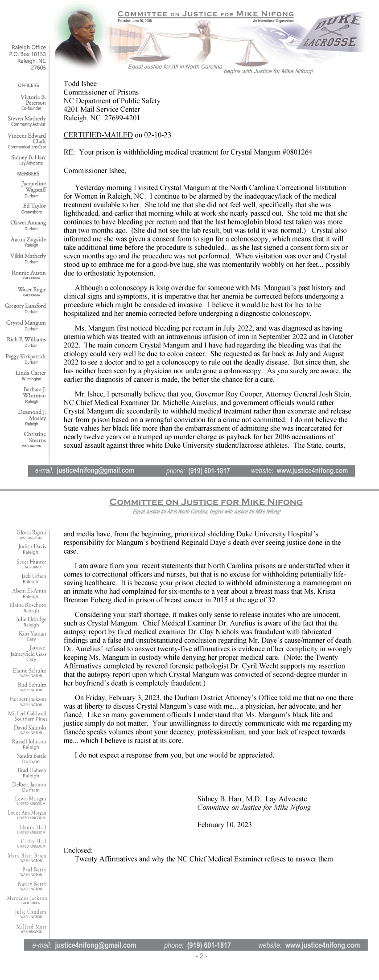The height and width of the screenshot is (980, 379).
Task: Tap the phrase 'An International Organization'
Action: pyautogui.click(x=273, y=21)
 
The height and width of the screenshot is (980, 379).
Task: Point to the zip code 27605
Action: pyautogui.click(x=38, y=68)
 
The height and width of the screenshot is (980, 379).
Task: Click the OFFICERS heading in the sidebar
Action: pyautogui.click(x=29, y=86)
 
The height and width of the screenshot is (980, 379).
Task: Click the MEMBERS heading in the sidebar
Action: pyautogui.click(x=28, y=174)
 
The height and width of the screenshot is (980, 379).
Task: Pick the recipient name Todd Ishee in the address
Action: pyautogui.click(x=80, y=84)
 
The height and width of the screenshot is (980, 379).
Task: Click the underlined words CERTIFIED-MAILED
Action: pyautogui.click(x=98, y=135)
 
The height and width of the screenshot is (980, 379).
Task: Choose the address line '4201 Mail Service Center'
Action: pyautogui.click(x=102, y=109)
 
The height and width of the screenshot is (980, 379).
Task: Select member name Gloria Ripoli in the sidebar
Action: pyautogui.click(x=31, y=532)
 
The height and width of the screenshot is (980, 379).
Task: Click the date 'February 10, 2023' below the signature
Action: pyautogui.click(x=224, y=825)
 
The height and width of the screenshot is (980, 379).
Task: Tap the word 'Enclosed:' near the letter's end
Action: pyautogui.click(x=78, y=850)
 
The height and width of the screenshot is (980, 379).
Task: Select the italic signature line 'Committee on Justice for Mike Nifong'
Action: pyautogui.click(x=254, y=807)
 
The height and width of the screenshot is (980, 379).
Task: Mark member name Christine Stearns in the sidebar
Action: pyautogui.click(x=35, y=437)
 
